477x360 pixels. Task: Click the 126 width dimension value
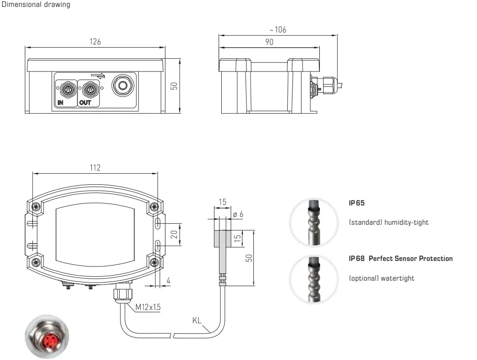click(95, 42)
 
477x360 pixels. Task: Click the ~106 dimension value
click(277, 30)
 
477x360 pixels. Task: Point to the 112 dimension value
click(94, 167)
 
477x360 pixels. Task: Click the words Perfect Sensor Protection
click(411, 259)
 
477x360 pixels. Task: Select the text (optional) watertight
click(381, 278)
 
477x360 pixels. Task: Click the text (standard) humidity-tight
click(389, 222)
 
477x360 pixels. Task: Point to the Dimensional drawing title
click(36, 5)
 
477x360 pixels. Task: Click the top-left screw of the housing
click(36, 206)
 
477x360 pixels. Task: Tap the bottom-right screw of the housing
click(154, 263)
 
